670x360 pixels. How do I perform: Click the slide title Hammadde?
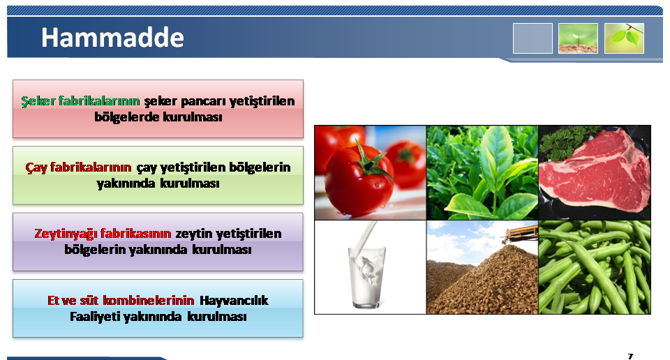tap(112, 38)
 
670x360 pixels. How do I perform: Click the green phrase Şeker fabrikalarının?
tap(80, 101)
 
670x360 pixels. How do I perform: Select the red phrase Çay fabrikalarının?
tap(78, 167)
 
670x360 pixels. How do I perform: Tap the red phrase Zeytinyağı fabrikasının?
tap(103, 234)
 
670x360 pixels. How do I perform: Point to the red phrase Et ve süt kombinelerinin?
tap(121, 300)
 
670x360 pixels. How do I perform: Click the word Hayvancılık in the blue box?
tap(234, 301)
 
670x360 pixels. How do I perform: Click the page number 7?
tap(630, 356)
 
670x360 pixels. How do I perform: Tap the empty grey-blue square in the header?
tap(533, 38)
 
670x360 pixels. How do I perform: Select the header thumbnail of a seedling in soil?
tap(578, 38)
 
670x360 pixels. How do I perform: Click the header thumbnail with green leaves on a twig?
tap(624, 38)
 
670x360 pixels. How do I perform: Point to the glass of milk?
tap(366, 273)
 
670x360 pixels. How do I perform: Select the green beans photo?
tap(595, 267)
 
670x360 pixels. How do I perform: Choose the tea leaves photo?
tap(482, 172)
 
